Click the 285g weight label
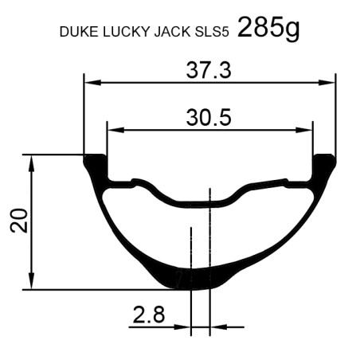[x=268, y=28]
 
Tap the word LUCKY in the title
[x=127, y=32]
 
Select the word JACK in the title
[x=172, y=32]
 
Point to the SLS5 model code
[x=212, y=32]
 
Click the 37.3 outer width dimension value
[x=209, y=70]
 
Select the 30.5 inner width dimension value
[x=209, y=117]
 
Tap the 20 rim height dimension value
[x=19, y=221]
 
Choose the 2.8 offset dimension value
[x=149, y=315]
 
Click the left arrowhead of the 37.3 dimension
[x=92, y=83]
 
